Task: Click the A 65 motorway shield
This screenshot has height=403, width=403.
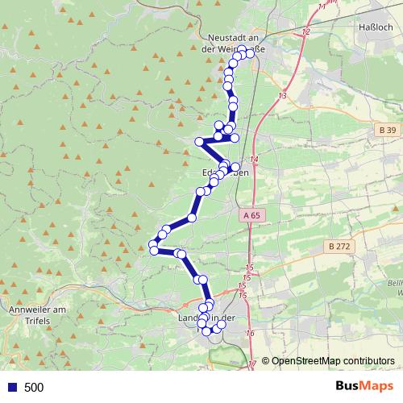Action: click(251, 215)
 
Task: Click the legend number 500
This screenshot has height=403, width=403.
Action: click(34, 388)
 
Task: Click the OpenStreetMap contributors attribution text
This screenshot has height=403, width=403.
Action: click(333, 361)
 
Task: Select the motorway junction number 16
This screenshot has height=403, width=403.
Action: click(250, 334)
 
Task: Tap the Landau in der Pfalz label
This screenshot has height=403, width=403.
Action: click(205, 319)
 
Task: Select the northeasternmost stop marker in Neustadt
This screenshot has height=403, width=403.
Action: click(250, 54)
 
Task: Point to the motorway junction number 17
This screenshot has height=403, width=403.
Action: click(253, 364)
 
